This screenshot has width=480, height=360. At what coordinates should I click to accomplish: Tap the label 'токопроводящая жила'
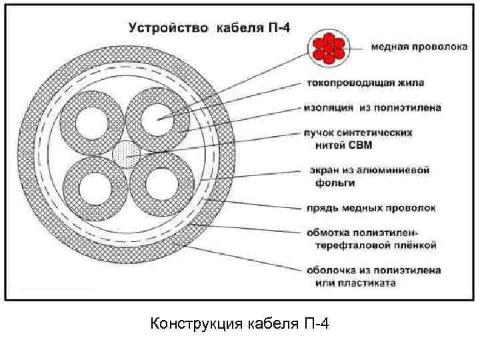click(x=365, y=83)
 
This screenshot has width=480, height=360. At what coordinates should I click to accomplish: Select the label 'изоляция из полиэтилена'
click(x=372, y=107)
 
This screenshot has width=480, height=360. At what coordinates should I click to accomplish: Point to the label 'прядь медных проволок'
click(x=371, y=208)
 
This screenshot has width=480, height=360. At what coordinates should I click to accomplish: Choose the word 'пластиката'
click(x=371, y=283)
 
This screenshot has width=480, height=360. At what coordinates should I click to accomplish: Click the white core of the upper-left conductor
click(x=93, y=123)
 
